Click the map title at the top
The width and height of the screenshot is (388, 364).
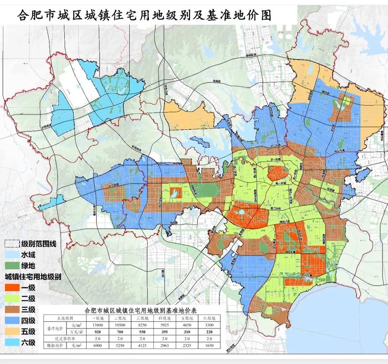click(144, 16)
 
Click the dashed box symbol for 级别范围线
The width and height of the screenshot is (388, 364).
click(13, 244)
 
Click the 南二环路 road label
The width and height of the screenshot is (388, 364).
click(276, 207)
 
